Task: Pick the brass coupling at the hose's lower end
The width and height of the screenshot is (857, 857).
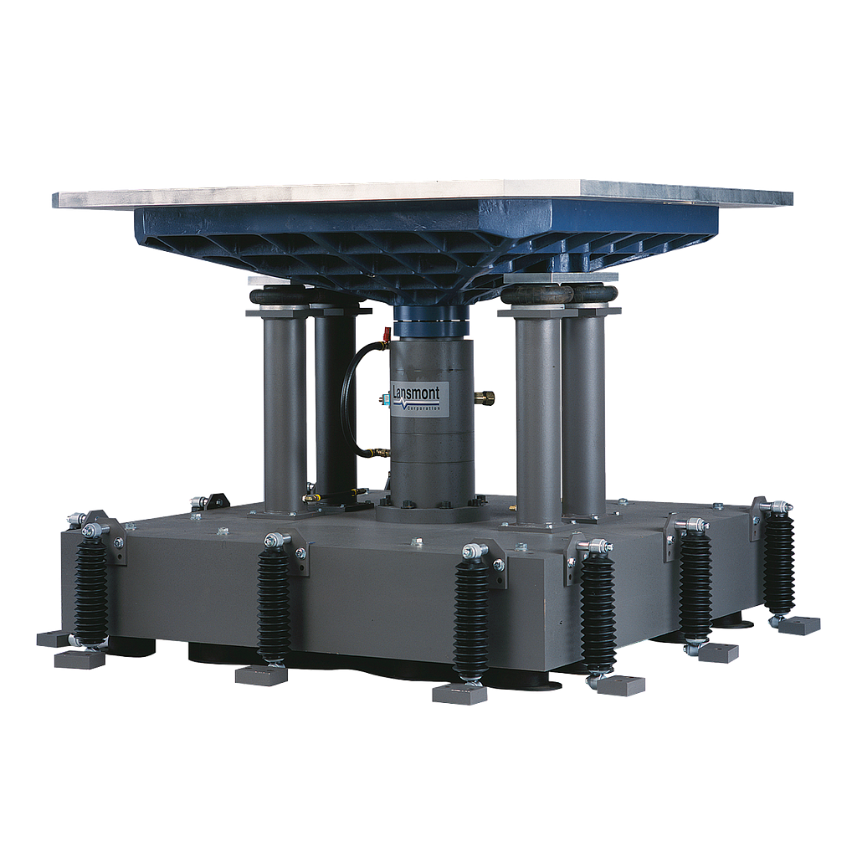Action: pos(381,453)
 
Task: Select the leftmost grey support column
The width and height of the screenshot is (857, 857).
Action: pos(285,410)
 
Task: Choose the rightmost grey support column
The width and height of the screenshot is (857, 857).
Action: pos(584,414)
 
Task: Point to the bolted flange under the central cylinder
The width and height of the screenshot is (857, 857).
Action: pos(430,509)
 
